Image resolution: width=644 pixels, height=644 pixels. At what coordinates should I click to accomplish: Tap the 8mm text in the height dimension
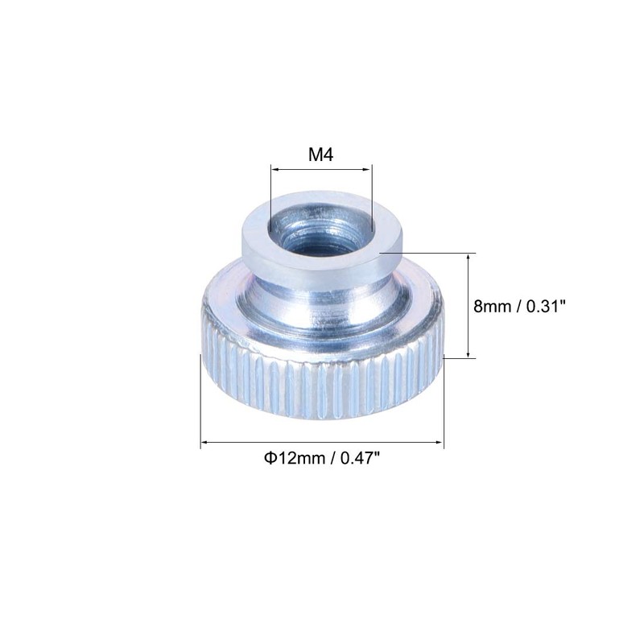[x=492, y=306]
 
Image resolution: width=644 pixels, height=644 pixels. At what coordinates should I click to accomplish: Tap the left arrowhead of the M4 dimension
[x=275, y=168]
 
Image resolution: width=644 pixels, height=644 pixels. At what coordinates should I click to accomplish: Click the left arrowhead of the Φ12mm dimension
[x=204, y=442]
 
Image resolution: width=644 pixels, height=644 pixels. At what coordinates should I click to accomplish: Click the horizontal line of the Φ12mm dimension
[x=321, y=442]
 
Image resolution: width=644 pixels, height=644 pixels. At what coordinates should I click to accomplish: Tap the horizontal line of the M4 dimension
[x=321, y=168]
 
